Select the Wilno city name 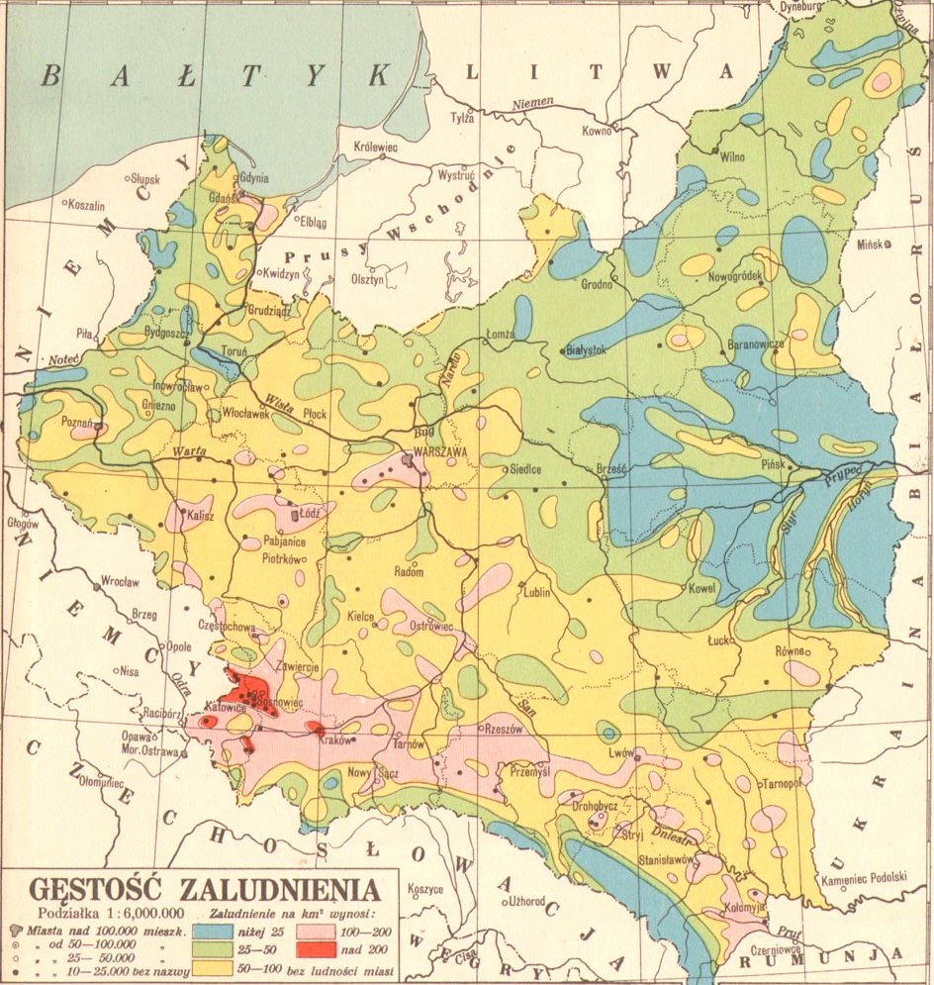pyautogui.click(x=731, y=156)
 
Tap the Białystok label pyautogui.click(x=584, y=348)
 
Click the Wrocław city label pyautogui.click(x=120, y=582)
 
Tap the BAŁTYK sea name pyautogui.click(x=214, y=75)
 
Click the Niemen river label pyautogui.click(x=533, y=106)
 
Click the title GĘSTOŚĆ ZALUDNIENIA pyautogui.click(x=204, y=888)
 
